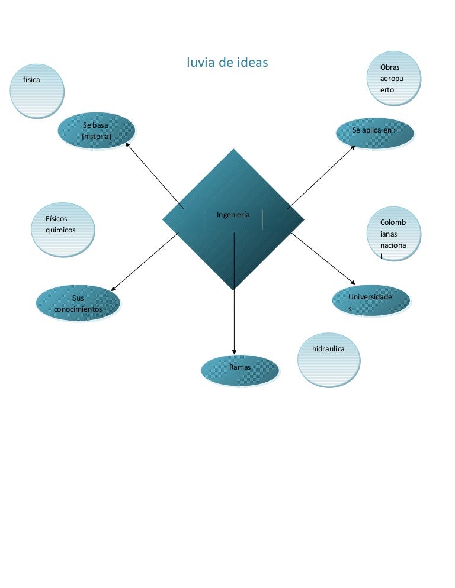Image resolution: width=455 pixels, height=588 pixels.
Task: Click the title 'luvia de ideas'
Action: [x=227, y=62]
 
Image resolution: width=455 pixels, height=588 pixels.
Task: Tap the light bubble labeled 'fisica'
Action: [x=37, y=91]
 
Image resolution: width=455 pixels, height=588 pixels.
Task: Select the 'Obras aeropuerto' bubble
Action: [x=394, y=78]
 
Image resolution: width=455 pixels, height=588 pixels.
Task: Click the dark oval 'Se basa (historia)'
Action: [x=97, y=131]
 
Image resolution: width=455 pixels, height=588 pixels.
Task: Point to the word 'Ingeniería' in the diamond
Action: [x=233, y=215]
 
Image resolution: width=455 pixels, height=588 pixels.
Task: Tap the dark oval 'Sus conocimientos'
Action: [x=78, y=303]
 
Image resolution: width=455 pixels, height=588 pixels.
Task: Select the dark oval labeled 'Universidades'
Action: [x=370, y=302]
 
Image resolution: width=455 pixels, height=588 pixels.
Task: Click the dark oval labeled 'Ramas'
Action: [x=239, y=370]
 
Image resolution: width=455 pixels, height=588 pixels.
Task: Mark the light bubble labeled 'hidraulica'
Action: [x=329, y=360]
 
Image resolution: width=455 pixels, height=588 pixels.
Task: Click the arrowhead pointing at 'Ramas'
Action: [x=234, y=352]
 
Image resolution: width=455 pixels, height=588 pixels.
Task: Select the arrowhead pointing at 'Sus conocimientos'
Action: [x=113, y=288]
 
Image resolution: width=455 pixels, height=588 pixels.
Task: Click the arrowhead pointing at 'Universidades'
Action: [x=354, y=283]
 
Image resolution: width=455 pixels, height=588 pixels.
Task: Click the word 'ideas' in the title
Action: [x=249, y=62]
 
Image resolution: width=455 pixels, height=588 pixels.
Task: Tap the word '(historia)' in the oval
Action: [x=97, y=137]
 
